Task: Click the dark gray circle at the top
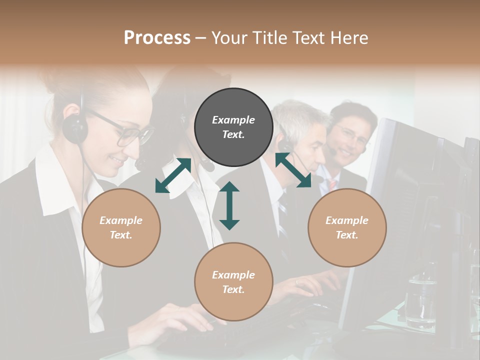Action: tap(233, 127)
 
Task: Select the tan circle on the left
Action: tap(121, 228)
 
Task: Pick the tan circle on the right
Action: tap(347, 227)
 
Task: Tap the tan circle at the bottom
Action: tap(233, 282)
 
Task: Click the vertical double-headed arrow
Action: tap(229, 205)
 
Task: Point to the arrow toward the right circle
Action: tap(293, 170)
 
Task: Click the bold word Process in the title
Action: tap(157, 37)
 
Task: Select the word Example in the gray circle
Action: tap(233, 120)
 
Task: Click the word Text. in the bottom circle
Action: tap(233, 289)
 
